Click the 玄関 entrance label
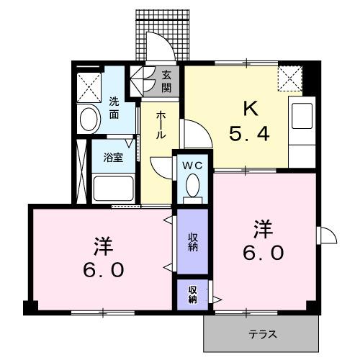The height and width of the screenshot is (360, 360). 166,81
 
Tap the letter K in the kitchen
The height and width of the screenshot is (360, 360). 249,109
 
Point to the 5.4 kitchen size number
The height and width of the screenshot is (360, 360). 249,134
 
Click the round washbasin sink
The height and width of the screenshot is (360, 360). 90,118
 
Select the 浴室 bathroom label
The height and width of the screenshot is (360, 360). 113,157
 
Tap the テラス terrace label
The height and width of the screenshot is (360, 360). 264,333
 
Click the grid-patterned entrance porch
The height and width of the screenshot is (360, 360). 164,33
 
